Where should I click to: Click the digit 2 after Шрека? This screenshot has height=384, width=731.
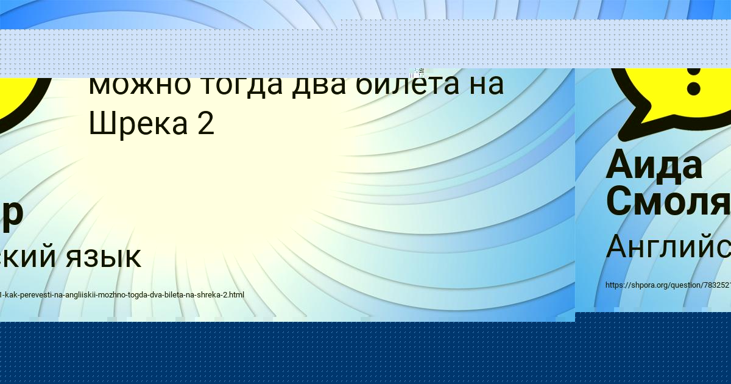pyautogui.click(x=205, y=124)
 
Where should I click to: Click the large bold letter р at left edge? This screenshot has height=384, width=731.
pyautogui.click(x=12, y=215)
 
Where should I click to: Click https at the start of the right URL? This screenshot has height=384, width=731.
pyautogui.click(x=615, y=285)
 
